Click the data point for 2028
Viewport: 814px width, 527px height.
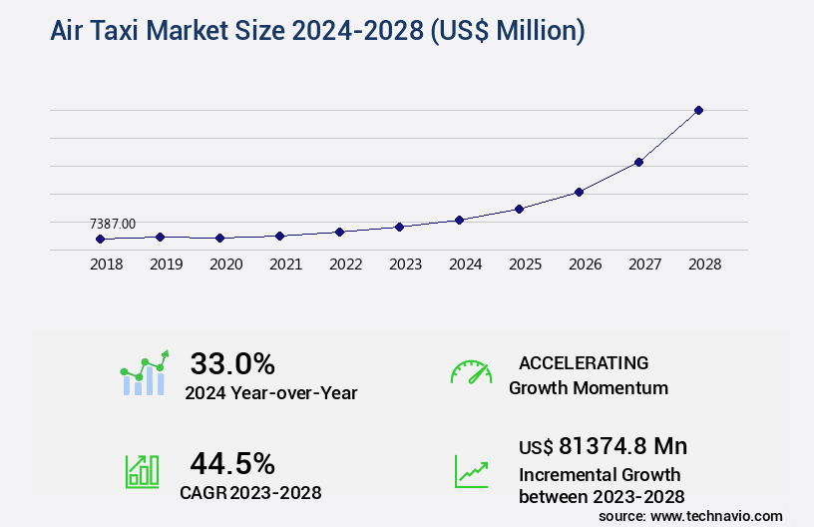click(698, 110)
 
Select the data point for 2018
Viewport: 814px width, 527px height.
click(100, 239)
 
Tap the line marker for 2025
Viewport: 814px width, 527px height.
click(519, 209)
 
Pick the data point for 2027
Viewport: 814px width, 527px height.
click(638, 162)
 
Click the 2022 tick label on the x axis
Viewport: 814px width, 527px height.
click(345, 265)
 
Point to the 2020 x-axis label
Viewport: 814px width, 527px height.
click(225, 265)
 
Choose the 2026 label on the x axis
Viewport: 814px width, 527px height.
click(585, 265)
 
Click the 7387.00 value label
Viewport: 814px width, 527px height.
click(113, 224)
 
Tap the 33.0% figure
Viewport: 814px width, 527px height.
click(232, 363)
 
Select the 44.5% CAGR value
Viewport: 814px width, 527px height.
click(232, 463)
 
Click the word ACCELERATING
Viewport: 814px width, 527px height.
click(584, 362)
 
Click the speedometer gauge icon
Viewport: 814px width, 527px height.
click(471, 372)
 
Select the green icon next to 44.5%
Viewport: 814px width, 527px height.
click(142, 471)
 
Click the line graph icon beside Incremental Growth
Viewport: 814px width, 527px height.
click(471, 471)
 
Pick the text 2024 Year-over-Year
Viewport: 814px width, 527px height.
click(270, 393)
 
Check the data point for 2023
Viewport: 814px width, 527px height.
click(399, 227)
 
